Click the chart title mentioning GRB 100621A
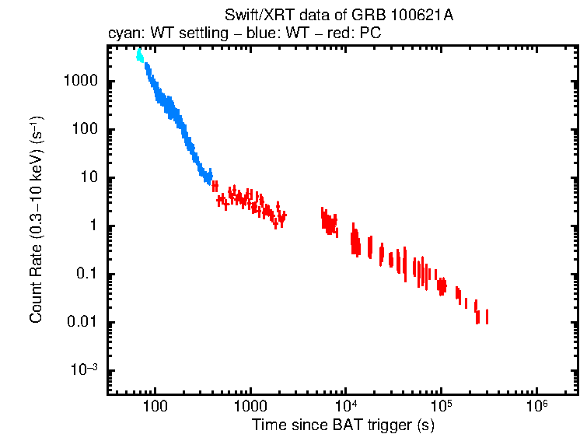341,16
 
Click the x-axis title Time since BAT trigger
342,425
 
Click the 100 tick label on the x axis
155,407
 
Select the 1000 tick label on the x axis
250,407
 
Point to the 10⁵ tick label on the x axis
441,406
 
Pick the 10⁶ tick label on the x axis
536,406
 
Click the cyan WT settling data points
139,55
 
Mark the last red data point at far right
487,317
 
